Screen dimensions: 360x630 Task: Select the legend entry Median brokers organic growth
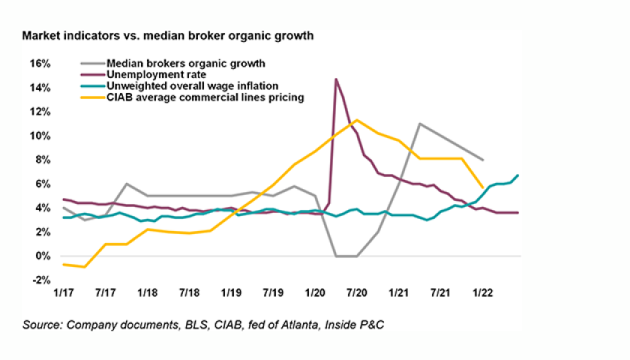point(187,64)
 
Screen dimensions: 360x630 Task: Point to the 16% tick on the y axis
point(40,64)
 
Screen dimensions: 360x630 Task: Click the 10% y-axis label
point(40,136)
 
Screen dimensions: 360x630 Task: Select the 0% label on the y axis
point(43,256)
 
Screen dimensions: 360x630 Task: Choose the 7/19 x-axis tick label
point(272,291)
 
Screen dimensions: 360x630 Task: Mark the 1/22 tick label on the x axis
point(481,291)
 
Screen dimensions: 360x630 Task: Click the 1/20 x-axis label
point(314,291)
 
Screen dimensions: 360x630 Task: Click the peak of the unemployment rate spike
point(335,79)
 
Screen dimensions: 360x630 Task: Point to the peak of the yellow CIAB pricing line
point(356,119)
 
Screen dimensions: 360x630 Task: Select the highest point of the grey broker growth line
point(419,123)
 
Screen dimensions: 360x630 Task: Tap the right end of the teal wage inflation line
point(518,175)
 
